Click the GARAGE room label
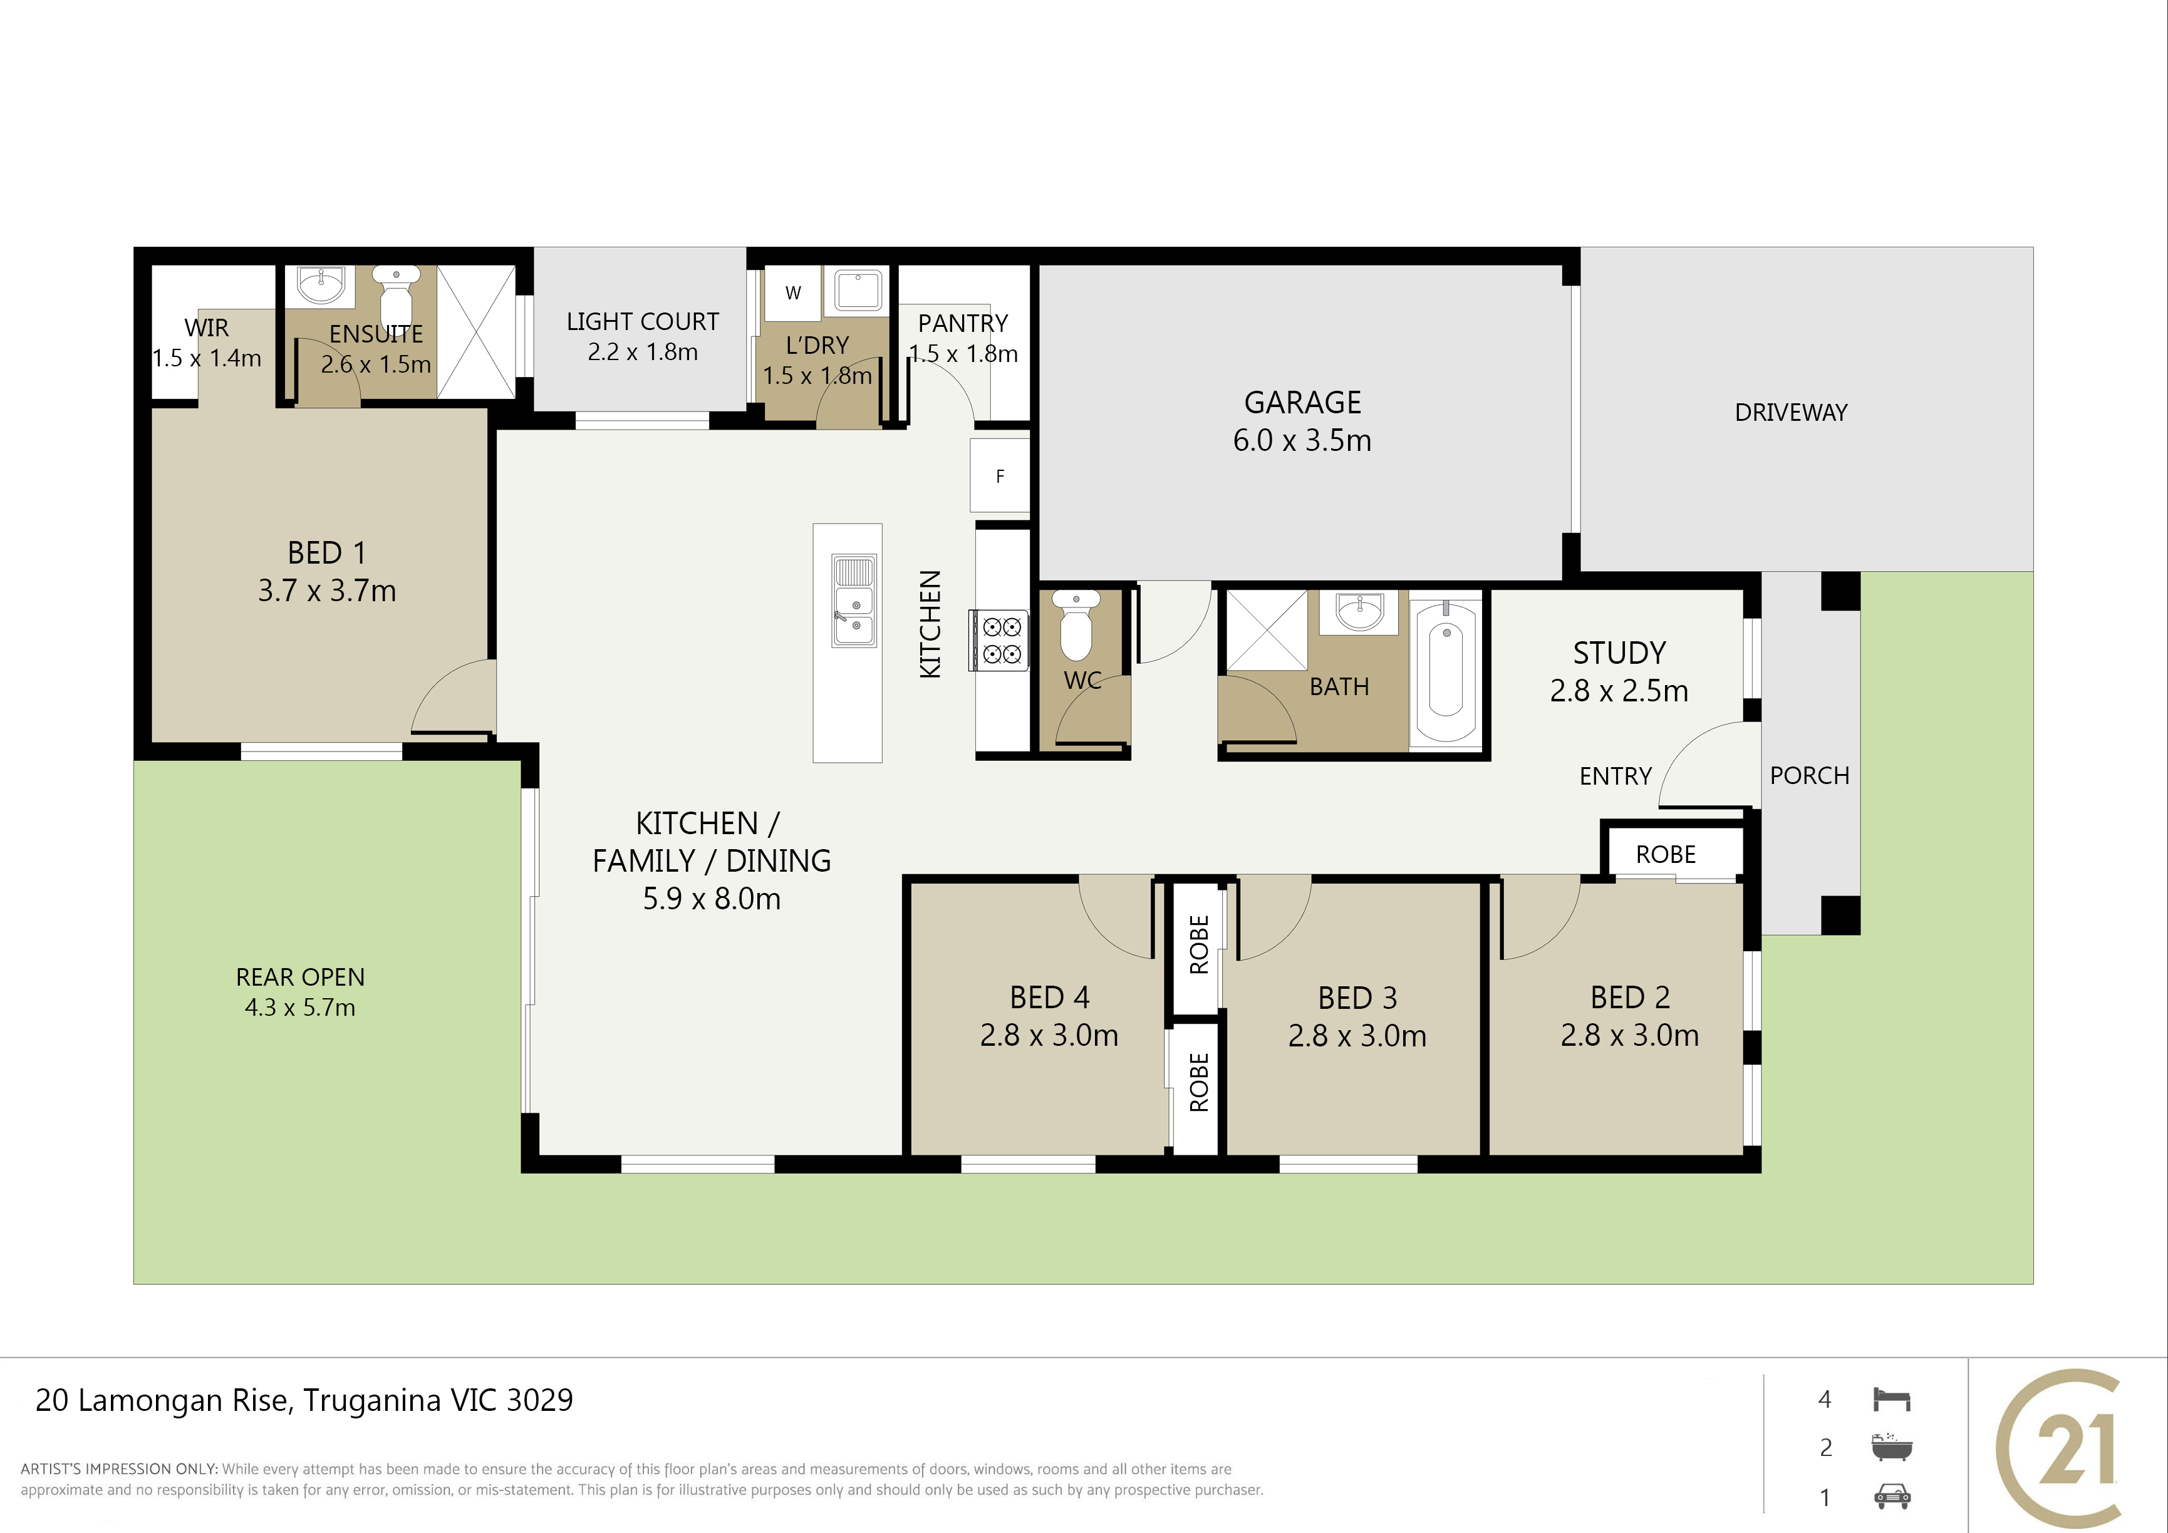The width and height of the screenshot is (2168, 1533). pyautogui.click(x=1302, y=402)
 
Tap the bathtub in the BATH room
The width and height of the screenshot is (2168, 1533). pyautogui.click(x=1446, y=671)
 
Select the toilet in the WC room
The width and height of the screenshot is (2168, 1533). pyautogui.click(x=1076, y=624)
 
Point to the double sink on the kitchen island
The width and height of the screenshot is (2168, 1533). pyautogui.click(x=853, y=601)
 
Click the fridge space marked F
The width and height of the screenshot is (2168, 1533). pyautogui.click(x=1000, y=476)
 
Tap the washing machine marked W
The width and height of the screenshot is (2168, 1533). pyautogui.click(x=793, y=292)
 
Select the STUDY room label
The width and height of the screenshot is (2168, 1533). pyautogui.click(x=1619, y=653)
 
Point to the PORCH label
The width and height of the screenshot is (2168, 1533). pyautogui.click(x=1809, y=775)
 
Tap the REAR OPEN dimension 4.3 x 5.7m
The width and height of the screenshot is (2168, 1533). pyautogui.click(x=300, y=1007)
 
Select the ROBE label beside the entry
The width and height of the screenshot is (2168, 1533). pyautogui.click(x=1666, y=854)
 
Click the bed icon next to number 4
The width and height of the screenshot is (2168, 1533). pyautogui.click(x=1891, y=1399)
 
